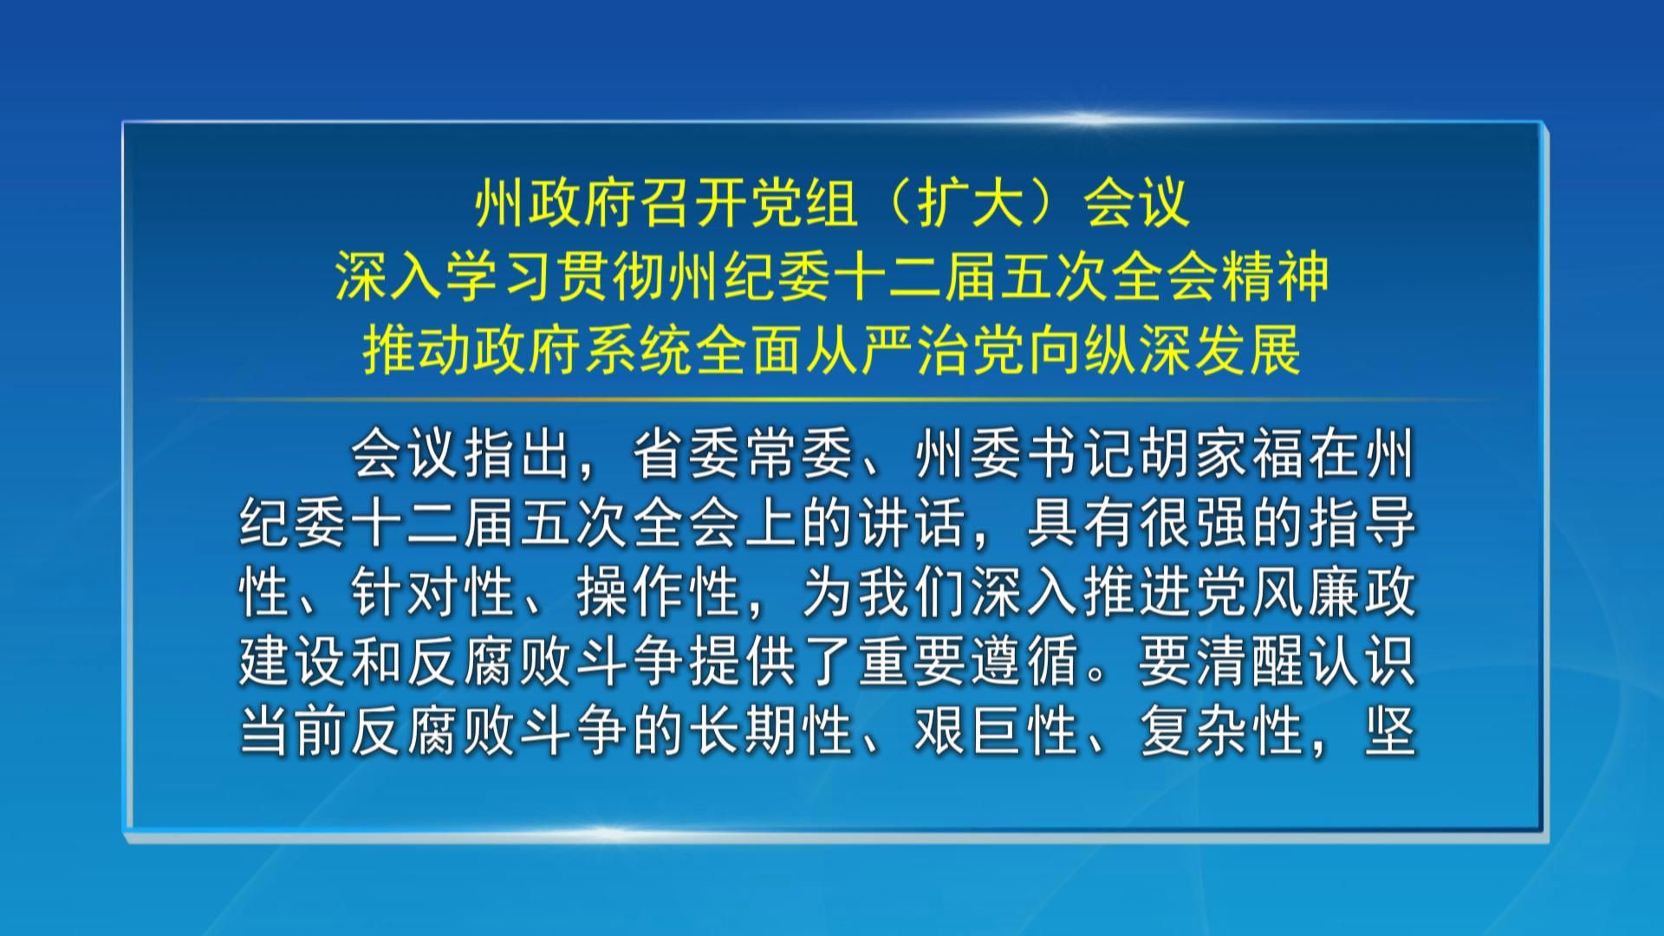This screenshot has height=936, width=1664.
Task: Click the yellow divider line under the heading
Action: coord(832,400)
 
